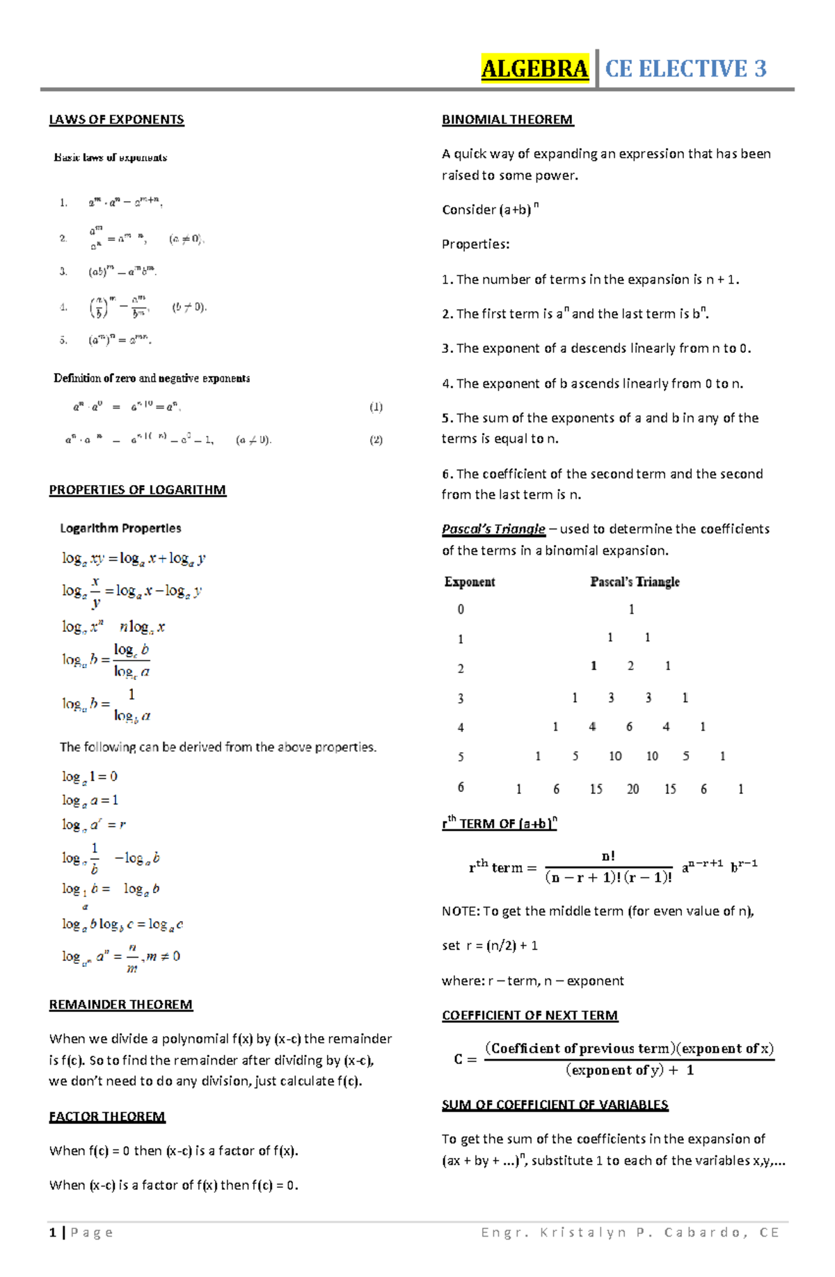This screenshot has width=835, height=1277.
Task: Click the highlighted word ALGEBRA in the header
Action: pos(534,69)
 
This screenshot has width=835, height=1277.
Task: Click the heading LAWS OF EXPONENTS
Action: pos(116,120)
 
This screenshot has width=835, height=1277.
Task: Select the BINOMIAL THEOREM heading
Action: pos(507,120)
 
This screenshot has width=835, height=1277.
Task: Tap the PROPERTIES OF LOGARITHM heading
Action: pos(137,490)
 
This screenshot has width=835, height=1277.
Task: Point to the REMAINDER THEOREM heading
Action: pos(120,1004)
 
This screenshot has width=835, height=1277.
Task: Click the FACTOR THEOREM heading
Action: pos(107,1116)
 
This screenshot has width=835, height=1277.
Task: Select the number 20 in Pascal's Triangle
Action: pos(633,789)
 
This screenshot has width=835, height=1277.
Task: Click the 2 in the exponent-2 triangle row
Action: pos(630,666)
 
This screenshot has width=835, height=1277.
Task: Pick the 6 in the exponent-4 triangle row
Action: pos(629,727)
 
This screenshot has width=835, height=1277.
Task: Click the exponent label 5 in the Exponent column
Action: pos(461,756)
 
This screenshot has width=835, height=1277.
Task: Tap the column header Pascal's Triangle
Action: pos(635,582)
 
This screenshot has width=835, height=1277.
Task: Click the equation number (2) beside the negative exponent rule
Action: pos(376,440)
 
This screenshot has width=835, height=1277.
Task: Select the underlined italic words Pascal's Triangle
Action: pos(493,529)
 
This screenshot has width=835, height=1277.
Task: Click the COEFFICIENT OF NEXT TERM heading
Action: pos(530,1015)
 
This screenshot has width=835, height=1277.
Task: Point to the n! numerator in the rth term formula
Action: pos(608,856)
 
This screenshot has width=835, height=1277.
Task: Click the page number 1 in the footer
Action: pos(53,1232)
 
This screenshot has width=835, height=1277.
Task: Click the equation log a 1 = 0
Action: pos(90,777)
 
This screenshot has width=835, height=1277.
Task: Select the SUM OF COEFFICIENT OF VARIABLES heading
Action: pos(555,1104)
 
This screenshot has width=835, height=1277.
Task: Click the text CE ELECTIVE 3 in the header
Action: pos(685,69)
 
